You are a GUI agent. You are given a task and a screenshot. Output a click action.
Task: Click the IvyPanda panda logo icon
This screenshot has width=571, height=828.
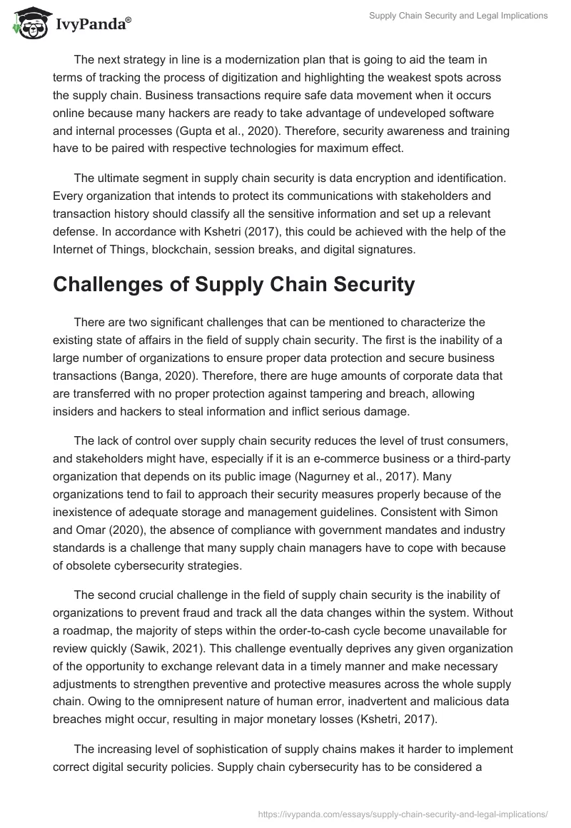pos(29,24)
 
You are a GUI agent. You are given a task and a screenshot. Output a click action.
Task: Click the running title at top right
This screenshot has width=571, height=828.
pos(458,16)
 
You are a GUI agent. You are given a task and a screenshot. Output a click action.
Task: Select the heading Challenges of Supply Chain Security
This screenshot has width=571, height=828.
pos(233,285)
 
